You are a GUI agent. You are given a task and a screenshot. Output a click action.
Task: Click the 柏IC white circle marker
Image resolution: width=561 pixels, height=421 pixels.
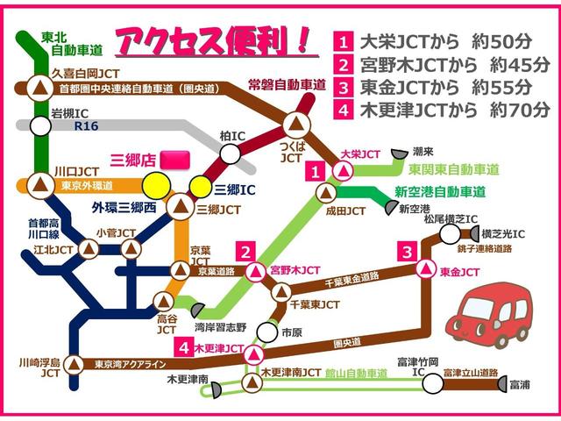(x=230, y=154)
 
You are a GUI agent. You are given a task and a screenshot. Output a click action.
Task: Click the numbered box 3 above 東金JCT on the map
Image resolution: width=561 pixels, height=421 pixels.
(x=406, y=252)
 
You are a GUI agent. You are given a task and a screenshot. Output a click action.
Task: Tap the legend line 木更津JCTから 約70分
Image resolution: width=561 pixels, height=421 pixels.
(x=442, y=110)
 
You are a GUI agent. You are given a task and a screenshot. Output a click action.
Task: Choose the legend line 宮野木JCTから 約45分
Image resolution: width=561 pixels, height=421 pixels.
(x=442, y=64)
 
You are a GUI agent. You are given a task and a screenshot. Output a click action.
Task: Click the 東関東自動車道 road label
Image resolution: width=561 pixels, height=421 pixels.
(x=447, y=169)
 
